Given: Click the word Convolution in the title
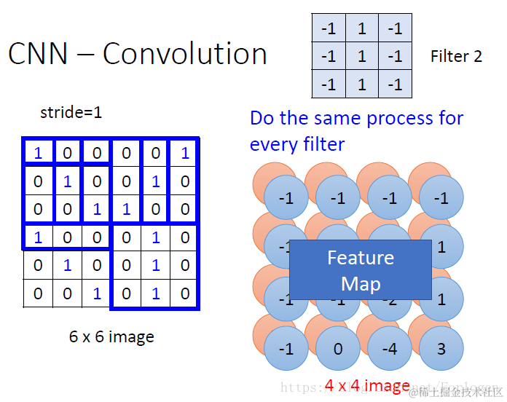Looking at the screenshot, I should pyautogui.click(x=185, y=55).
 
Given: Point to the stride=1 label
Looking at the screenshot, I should pyautogui.click(x=71, y=113).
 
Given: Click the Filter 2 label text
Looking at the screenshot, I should pyautogui.click(x=456, y=56).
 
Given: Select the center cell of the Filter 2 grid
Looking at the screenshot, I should pyautogui.click(x=361, y=56).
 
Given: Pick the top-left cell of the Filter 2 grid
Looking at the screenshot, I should pyautogui.click(x=329, y=28).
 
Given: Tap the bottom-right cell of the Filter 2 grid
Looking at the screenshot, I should pyautogui.click(x=395, y=84).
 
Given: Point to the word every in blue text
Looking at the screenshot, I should pyautogui.click(x=272, y=144).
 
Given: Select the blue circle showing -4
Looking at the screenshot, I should pyautogui.click(x=390, y=349).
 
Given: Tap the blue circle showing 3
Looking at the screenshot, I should pyautogui.click(x=441, y=349).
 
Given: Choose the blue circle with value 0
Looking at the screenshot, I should pyautogui.click(x=338, y=349).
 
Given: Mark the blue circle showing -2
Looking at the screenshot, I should pyautogui.click(x=390, y=299).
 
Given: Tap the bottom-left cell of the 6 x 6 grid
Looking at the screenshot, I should pyautogui.click(x=38, y=293).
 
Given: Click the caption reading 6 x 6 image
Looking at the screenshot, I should pyautogui.click(x=111, y=336).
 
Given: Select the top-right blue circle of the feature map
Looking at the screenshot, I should pyautogui.click(x=441, y=198).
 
